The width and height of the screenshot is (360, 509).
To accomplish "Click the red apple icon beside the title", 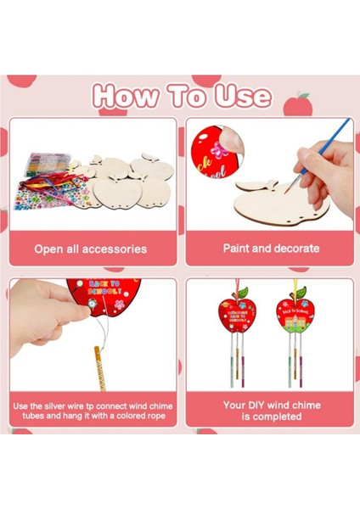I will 296,104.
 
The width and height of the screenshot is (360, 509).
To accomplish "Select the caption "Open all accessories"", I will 91,249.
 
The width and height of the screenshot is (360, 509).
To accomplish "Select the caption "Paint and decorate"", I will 271,249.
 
